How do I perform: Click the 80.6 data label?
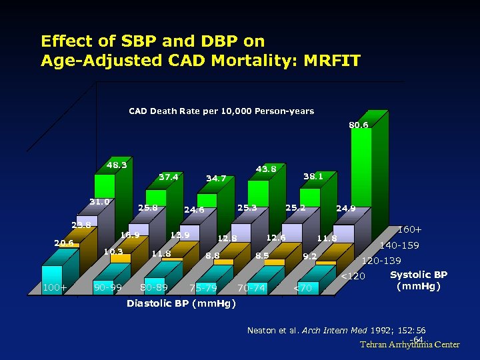358,125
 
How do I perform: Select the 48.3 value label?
117,165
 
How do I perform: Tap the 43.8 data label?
266,169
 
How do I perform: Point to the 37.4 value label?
168,177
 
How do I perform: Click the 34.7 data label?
216,179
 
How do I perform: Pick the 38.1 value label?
313,177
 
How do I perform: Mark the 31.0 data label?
100,201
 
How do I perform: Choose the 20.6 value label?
63,243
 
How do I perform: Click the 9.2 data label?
309,255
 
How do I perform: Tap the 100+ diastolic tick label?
54,288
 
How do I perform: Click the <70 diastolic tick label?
302,288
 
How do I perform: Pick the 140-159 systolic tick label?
399,245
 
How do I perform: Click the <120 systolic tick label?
353,276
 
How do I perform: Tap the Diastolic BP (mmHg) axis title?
181,304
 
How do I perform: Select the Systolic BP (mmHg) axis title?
419,280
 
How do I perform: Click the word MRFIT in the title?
331,61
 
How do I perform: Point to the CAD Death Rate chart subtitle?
221,111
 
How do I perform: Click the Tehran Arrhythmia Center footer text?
410,345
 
